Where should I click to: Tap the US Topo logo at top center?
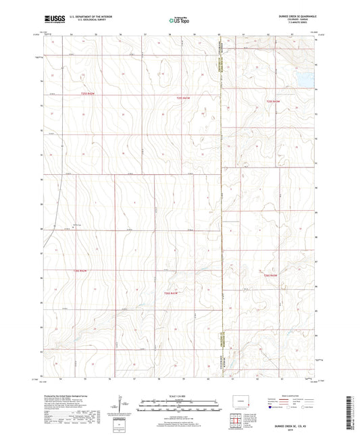(x=179, y=21)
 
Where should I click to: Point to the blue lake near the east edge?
(x=303, y=78)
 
